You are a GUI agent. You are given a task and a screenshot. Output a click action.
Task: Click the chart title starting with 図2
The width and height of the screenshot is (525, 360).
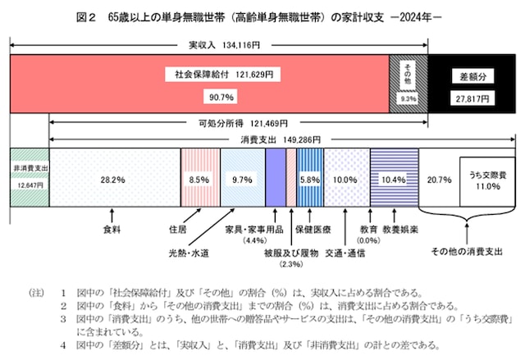click(x=262, y=16)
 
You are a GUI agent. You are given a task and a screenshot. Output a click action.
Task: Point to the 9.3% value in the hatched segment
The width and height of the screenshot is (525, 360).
click(x=408, y=97)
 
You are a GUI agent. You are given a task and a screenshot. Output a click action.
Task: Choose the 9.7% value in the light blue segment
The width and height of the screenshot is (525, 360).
click(x=243, y=178)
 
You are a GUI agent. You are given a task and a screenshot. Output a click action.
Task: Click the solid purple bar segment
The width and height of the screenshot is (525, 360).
click(x=275, y=178)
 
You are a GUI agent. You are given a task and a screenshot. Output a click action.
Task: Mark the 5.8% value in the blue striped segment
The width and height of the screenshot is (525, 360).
click(x=309, y=178)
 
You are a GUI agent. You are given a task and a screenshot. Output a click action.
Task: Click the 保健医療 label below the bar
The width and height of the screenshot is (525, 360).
click(x=313, y=230)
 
